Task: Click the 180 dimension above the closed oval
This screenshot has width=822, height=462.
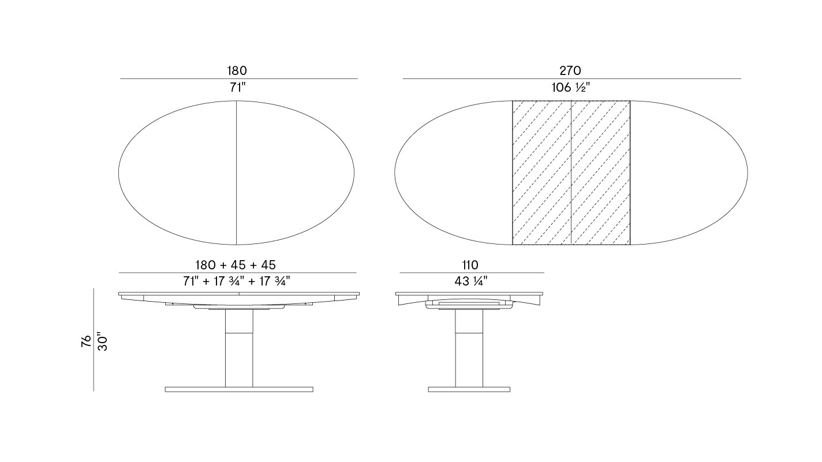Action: tap(237, 70)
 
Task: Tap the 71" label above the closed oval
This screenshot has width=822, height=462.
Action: tap(238, 87)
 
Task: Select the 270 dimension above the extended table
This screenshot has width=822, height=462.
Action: tap(570, 70)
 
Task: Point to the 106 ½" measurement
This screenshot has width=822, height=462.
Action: tap(571, 87)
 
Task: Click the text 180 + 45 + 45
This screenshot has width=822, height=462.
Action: tap(236, 265)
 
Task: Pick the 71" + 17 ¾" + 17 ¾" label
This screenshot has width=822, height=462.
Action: tap(237, 281)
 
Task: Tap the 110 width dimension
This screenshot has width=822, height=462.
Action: tap(470, 265)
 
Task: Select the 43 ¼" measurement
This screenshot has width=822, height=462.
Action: tap(471, 281)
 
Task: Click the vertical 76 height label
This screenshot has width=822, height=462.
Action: tap(86, 341)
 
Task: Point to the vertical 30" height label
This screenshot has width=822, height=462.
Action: tap(103, 341)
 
